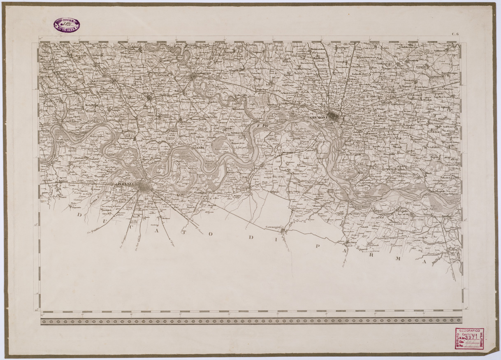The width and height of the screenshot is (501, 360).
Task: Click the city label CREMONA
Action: (318, 118)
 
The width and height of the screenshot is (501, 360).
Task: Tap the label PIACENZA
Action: (126, 185)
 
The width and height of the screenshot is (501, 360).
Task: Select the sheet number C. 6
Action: (455, 35)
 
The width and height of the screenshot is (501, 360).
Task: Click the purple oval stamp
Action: (66, 25)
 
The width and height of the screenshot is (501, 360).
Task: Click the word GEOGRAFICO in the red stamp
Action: (469, 331)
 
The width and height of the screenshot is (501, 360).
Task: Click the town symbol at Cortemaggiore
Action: (283, 232)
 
